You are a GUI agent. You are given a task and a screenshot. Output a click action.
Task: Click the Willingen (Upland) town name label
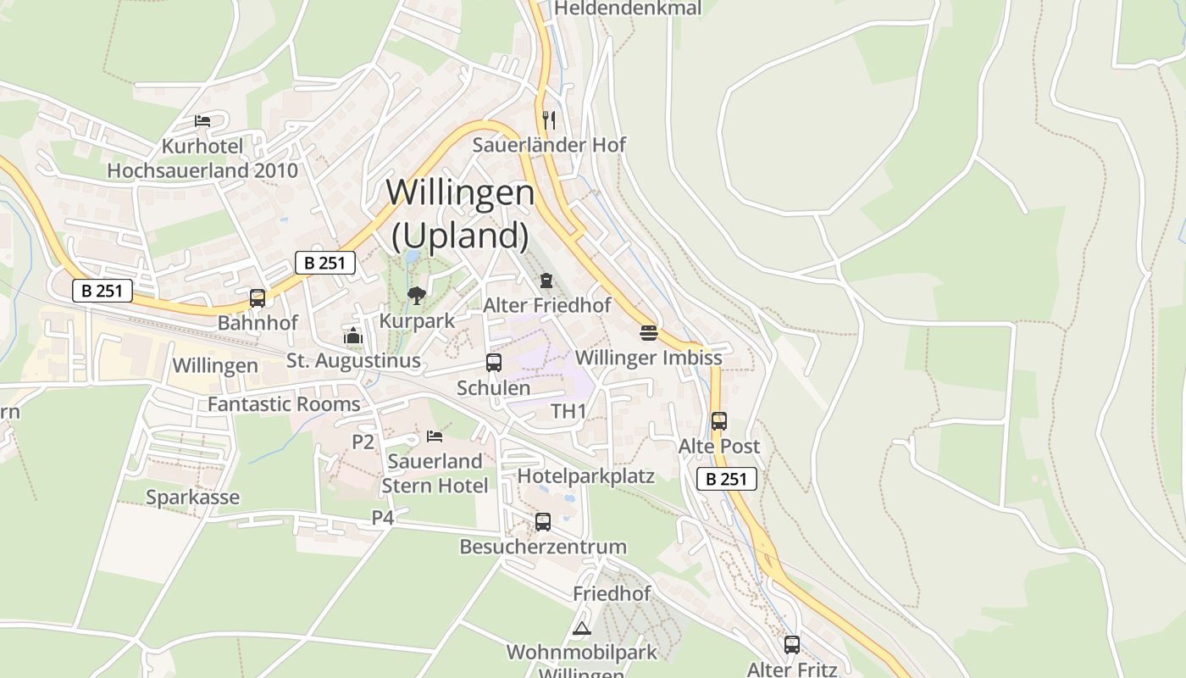(460, 214)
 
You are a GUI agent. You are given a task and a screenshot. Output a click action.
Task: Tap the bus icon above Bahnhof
(258, 298)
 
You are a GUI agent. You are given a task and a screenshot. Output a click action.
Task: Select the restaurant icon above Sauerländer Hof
(549, 119)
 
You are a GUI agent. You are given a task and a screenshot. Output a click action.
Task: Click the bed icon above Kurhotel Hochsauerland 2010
(202, 120)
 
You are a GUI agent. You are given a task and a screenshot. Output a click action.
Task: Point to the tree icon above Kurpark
(416, 296)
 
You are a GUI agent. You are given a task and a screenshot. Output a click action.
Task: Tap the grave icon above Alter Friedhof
(546, 281)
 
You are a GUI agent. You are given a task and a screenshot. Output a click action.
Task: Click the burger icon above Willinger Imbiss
(649, 332)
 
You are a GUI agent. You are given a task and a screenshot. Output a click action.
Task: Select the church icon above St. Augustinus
(353, 336)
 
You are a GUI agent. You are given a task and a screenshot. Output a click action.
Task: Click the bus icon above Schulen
(494, 363)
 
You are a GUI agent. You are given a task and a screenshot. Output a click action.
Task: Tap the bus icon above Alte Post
(719, 420)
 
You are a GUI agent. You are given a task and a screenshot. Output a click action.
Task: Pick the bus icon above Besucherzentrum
(543, 522)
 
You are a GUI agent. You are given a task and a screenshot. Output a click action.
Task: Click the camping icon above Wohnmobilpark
(581, 628)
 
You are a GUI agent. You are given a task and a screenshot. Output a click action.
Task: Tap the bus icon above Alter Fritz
(792, 645)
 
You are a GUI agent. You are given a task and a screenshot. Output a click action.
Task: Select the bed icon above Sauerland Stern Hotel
(435, 436)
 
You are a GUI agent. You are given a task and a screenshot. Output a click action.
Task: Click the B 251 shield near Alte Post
(727, 479)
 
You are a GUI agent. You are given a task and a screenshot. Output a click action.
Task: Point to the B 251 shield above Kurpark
(325, 263)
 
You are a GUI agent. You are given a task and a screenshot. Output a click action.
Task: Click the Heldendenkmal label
(628, 8)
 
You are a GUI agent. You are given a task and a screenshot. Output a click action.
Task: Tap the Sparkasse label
(192, 497)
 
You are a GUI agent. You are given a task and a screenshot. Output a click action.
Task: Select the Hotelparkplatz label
(585, 475)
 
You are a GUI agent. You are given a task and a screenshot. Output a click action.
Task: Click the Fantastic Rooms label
(284, 404)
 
